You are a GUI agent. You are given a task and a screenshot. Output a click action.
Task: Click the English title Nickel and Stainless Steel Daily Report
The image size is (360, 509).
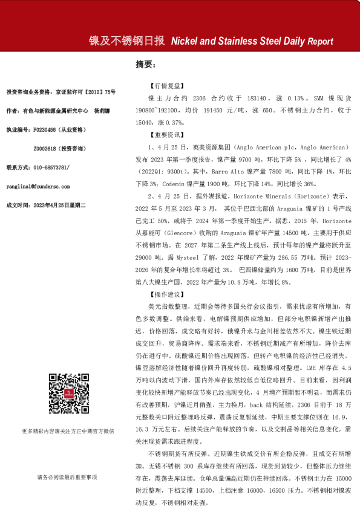[252, 42]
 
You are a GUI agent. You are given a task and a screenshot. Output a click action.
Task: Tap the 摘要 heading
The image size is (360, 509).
[146, 64]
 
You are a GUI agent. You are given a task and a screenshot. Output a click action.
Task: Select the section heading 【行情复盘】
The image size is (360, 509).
[163, 86]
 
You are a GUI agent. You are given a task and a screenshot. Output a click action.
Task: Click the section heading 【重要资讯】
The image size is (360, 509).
[163, 136]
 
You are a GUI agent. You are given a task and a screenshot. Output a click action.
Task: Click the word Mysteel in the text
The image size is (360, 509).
[171, 254]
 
